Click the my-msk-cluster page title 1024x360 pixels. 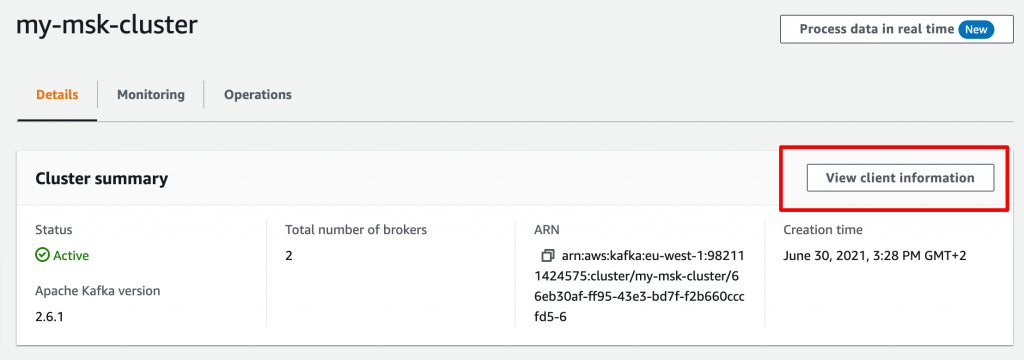pos(107,26)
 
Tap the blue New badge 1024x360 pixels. pos(975,29)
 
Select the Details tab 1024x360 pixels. pos(57,95)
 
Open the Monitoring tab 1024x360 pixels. pos(151,95)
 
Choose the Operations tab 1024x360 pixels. pos(258,95)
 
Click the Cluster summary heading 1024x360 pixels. pos(101,179)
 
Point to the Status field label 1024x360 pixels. pos(54,230)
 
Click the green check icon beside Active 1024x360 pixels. pos(42,255)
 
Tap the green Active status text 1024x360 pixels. pos(71,255)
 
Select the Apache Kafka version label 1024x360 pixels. pos(98,291)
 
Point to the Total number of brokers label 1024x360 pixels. pos(356,230)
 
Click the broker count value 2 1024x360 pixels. pos(289,255)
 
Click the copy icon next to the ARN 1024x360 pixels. pos(548,256)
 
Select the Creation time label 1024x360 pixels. pos(823,230)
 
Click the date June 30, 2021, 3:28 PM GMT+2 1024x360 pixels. pos(875,255)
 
